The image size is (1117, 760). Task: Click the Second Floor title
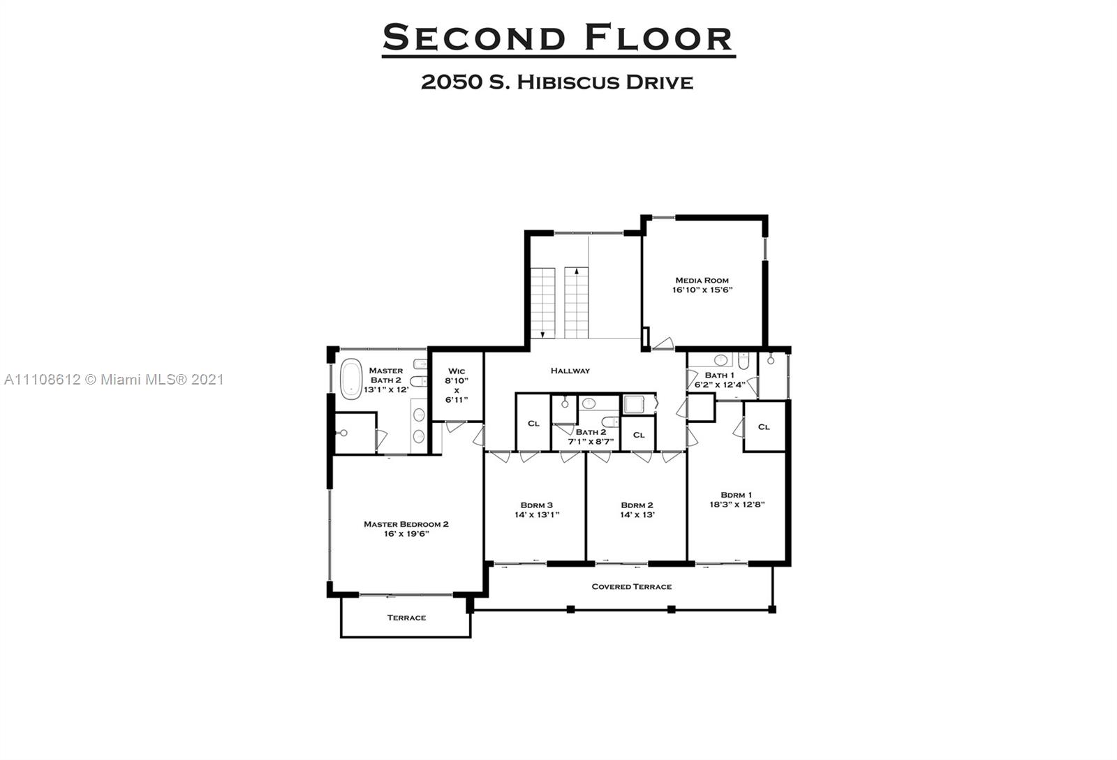click(558, 38)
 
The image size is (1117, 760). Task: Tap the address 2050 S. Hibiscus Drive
click(556, 82)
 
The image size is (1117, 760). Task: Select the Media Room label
click(702, 280)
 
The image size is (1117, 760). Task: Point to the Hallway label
click(570, 371)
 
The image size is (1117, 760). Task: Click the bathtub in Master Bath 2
click(351, 379)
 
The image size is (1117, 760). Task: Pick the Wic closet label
click(457, 371)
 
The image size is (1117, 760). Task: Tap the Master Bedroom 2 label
click(406, 524)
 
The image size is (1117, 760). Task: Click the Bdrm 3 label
click(536, 505)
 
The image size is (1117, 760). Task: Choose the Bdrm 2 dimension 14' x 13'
click(637, 515)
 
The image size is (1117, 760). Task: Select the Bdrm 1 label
click(737, 495)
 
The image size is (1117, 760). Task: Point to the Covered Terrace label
click(631, 587)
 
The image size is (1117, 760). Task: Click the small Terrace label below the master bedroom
click(406, 618)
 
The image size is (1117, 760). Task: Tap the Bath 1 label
click(719, 375)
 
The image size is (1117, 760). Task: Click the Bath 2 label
click(591, 432)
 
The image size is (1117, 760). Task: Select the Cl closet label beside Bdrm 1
click(764, 426)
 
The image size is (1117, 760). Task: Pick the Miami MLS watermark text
click(114, 380)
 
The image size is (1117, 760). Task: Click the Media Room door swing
click(663, 343)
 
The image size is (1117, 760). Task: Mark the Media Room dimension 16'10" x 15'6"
click(702, 290)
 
